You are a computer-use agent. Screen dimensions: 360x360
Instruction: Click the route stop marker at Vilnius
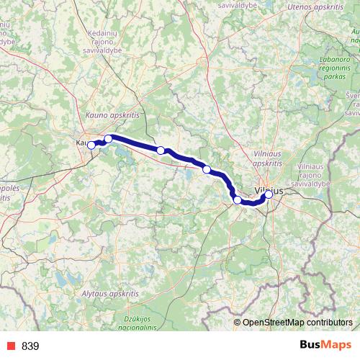pos(269,194)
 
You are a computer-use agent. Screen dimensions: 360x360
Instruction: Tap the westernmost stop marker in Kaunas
pos(91,145)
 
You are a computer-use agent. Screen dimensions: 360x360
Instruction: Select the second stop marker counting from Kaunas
pos(108,138)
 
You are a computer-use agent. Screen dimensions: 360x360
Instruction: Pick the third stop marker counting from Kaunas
pos(161,150)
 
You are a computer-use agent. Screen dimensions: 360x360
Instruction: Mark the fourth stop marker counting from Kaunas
pos(207,169)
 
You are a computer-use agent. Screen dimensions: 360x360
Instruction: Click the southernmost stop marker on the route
pos(237,199)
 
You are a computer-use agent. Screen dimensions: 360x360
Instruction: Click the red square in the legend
pos(10,346)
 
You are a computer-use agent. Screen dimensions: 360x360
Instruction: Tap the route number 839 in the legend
pos(30,346)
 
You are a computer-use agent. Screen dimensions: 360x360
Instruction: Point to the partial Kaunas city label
pos(81,143)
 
